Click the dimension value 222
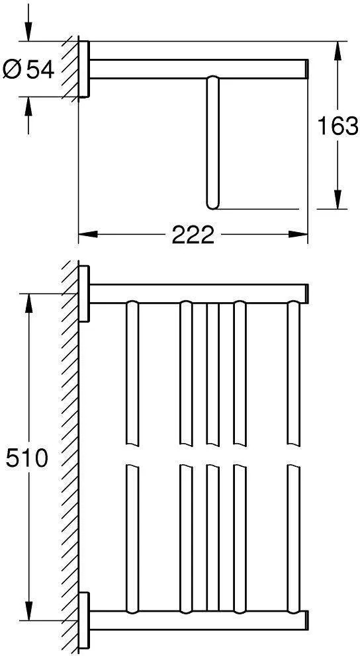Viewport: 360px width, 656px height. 193,235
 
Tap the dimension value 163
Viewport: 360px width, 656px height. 337,126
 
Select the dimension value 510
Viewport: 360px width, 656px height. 26,458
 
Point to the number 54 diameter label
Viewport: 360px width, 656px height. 40,69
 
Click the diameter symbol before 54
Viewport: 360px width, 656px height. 13,69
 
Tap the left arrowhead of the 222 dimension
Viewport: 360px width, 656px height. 88,234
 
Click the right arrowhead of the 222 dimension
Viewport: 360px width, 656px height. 298,234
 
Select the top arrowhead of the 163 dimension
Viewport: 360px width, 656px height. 337,51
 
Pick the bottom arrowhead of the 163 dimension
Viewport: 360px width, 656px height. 337,199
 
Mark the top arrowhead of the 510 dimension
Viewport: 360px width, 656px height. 28,304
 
